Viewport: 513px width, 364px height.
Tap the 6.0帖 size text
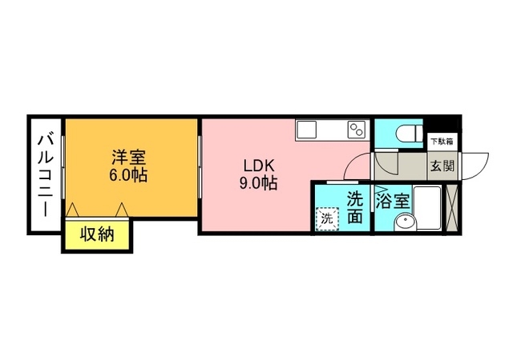click(x=129, y=175)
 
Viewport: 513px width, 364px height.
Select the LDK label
click(x=259, y=166)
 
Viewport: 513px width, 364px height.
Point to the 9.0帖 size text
click(x=259, y=183)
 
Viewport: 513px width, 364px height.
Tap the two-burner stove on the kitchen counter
click(x=357, y=128)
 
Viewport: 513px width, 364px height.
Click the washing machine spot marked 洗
click(x=327, y=218)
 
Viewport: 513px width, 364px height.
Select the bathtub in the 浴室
click(x=431, y=210)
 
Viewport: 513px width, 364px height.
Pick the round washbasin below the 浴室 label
click(x=405, y=224)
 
